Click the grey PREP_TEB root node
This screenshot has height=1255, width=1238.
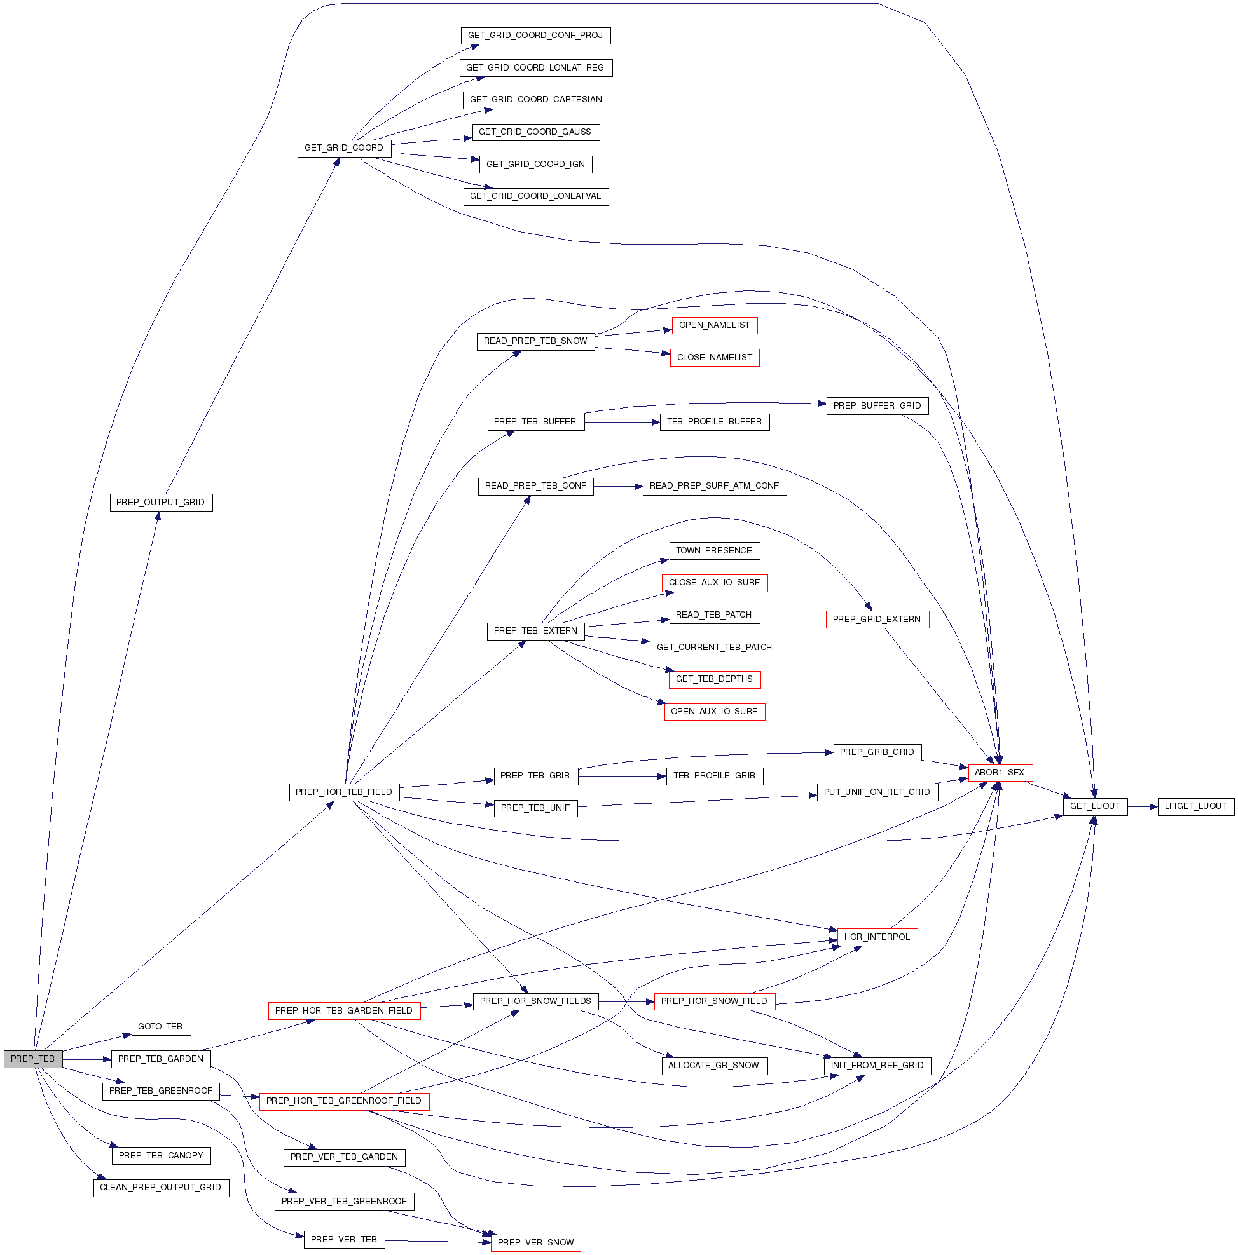[33, 1059]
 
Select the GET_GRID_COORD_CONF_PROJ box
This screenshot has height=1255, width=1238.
[535, 36]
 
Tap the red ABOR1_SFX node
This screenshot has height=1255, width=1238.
[1000, 772]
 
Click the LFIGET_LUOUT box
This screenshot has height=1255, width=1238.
[1195, 806]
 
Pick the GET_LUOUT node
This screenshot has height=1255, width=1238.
[1095, 806]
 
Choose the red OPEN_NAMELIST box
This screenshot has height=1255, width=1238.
[714, 325]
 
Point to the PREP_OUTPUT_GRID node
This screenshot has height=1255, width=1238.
[160, 502]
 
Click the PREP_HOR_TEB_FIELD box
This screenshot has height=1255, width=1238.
[344, 792]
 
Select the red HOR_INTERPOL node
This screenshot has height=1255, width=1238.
[877, 937]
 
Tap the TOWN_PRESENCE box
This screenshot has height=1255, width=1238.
[713, 551]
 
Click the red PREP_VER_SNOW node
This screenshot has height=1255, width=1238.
[535, 1243]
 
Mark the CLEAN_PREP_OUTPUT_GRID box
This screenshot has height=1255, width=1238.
[160, 1188]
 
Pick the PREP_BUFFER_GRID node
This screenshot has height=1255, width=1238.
[877, 406]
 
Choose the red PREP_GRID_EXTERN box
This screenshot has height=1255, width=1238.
[877, 619]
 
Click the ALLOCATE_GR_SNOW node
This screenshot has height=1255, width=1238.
[713, 1066]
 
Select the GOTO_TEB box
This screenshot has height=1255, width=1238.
[160, 1026]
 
